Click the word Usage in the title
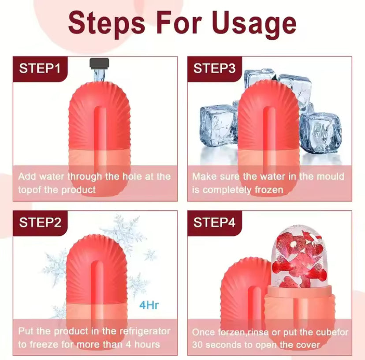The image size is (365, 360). pyautogui.click(x=254, y=24)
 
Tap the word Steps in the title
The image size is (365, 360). pyautogui.click(x=106, y=24)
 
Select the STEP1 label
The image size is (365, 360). pyautogui.click(x=40, y=68)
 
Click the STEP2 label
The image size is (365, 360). pyautogui.click(x=40, y=222)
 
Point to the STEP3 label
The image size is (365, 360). pyautogui.click(x=214, y=68)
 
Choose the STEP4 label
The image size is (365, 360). pyautogui.click(x=214, y=222)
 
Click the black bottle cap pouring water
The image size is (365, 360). pyautogui.click(x=99, y=64)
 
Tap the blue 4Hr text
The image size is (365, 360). pyautogui.click(x=149, y=305)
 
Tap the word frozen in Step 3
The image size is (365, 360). pyautogui.click(x=269, y=190)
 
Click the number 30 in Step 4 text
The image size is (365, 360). pyautogui.click(x=197, y=345)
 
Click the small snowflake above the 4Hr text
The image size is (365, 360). pyautogui.click(x=150, y=255)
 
